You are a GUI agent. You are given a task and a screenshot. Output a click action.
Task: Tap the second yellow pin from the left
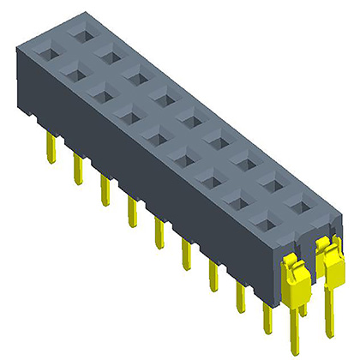(x=78, y=169)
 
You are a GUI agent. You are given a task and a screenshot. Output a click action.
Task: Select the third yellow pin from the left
(x=105, y=189)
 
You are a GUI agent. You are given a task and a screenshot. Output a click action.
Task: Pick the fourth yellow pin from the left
(x=132, y=211)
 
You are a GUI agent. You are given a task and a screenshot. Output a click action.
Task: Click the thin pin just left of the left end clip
(x=268, y=317)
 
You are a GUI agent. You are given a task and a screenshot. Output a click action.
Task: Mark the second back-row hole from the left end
(x=111, y=54)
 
